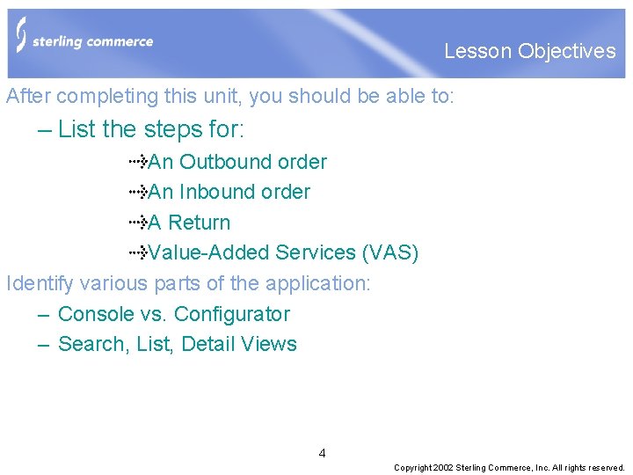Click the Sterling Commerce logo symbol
21,35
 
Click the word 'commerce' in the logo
120,41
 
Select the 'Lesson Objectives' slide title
529,51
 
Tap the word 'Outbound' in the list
225,162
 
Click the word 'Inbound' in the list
216,192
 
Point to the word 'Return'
199,223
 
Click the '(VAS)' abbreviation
389,253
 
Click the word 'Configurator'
232,314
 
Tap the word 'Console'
95,314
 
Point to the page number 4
322,454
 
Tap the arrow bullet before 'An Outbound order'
138,162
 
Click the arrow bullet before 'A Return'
138,223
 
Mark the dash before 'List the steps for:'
45,130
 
